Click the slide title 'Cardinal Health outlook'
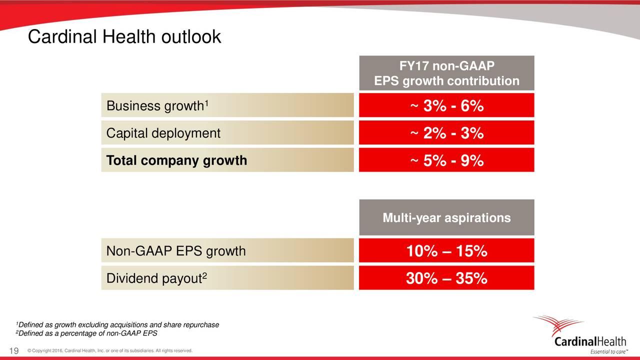click(124, 37)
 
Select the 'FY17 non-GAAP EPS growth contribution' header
click(446, 73)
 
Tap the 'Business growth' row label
click(155, 106)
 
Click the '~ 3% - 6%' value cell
click(446, 106)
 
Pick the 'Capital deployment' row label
click(163, 133)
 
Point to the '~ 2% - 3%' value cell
click(446, 133)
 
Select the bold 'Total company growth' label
click(176, 160)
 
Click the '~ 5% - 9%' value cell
click(446, 160)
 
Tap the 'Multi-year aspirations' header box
click(446, 218)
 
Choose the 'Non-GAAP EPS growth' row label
click(176, 251)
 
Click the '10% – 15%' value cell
click(446, 251)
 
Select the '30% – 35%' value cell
click(446, 279)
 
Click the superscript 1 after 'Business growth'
click(206, 103)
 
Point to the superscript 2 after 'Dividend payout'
click(205, 275)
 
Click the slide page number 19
click(14, 351)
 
